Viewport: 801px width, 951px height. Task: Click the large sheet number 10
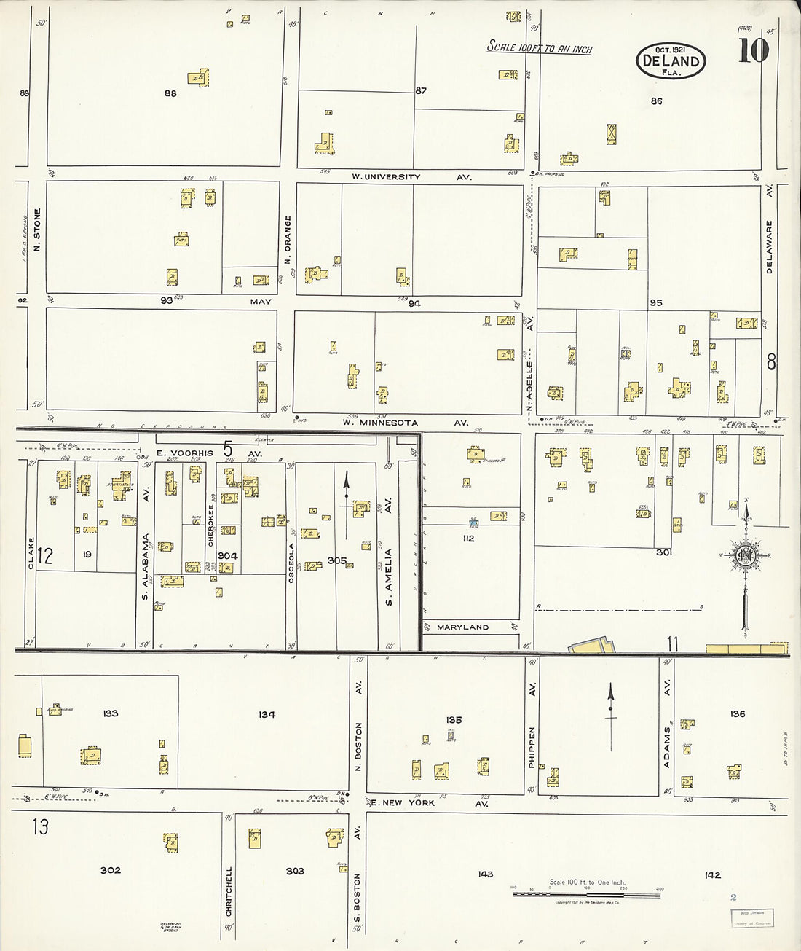pos(753,50)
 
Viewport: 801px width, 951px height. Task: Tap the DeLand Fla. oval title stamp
pos(670,60)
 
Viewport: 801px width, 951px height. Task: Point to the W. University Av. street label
pos(411,177)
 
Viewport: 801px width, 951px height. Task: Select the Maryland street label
pos(462,627)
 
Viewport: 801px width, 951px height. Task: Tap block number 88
pos(170,93)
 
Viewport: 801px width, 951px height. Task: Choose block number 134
pos(267,715)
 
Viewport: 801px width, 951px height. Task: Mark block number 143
pos(485,874)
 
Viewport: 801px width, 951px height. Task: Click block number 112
pos(467,539)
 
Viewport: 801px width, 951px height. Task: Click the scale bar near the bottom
pos(587,893)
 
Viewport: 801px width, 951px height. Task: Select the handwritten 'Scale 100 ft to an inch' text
pos(539,48)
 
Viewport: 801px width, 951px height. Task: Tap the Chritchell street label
pos(229,891)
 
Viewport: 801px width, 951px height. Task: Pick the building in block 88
pos(197,77)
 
